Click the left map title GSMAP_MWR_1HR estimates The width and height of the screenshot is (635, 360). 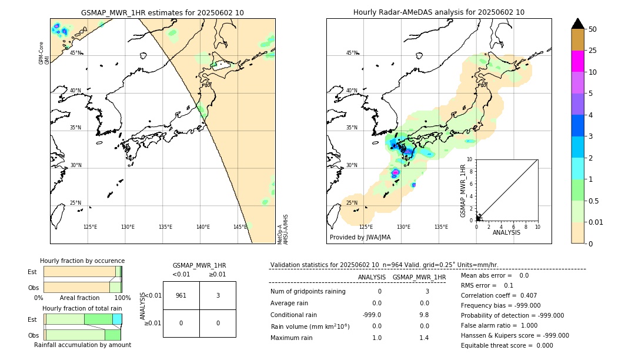click(162, 12)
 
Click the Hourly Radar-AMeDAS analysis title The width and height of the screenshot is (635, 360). click(439, 12)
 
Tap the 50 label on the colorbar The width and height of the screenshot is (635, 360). click(593, 29)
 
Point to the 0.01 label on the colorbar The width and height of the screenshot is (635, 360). click(596, 222)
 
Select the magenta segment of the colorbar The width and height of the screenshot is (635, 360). click(577, 61)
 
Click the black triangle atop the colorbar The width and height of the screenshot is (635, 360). click(577, 24)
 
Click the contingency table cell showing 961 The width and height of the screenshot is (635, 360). click(181, 295)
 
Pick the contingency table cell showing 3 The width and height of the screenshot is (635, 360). click(218, 295)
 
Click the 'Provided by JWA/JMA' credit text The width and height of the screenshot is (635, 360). click(360, 238)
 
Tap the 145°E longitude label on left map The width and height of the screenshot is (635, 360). click(240, 227)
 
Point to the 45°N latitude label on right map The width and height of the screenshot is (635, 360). click(352, 53)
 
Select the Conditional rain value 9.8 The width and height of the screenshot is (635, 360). click(423, 315)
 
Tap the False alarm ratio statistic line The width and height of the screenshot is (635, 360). click(498, 325)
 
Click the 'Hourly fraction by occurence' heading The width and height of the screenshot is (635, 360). click(82, 261)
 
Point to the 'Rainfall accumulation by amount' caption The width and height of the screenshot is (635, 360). click(82, 345)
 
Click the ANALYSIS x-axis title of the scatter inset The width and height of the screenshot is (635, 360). click(506, 232)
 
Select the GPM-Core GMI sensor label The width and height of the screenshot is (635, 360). click(42, 53)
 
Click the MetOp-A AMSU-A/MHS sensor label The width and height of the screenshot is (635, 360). click(283, 229)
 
